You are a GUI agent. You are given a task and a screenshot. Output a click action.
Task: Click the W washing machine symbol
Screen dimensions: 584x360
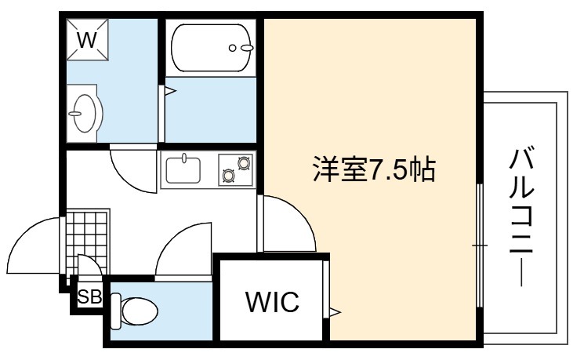coord(88,39)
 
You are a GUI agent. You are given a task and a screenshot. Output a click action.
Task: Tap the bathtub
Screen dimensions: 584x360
coord(212,48)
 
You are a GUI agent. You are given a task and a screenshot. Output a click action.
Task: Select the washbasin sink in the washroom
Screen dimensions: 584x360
coord(83,112)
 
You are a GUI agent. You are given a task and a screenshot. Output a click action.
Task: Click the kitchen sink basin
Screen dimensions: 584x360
coord(183,171)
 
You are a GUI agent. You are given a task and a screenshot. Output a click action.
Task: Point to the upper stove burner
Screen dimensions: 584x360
coord(244,163)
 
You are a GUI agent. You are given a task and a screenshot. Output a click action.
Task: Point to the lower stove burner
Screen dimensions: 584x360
coord(228,175)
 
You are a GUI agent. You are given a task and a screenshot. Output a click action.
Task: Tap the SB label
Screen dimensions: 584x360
coord(89,296)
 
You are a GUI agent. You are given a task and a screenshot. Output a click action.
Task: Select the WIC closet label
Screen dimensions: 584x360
coord(272,301)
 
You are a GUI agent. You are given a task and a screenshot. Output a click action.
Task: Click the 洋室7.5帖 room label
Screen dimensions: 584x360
coord(374,169)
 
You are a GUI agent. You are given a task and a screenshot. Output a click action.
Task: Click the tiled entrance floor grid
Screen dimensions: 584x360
coord(87,242)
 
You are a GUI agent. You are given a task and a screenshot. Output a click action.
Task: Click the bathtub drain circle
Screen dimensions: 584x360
coord(232,48)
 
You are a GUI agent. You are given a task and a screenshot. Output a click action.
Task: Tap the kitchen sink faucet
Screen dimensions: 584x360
coord(183,158)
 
